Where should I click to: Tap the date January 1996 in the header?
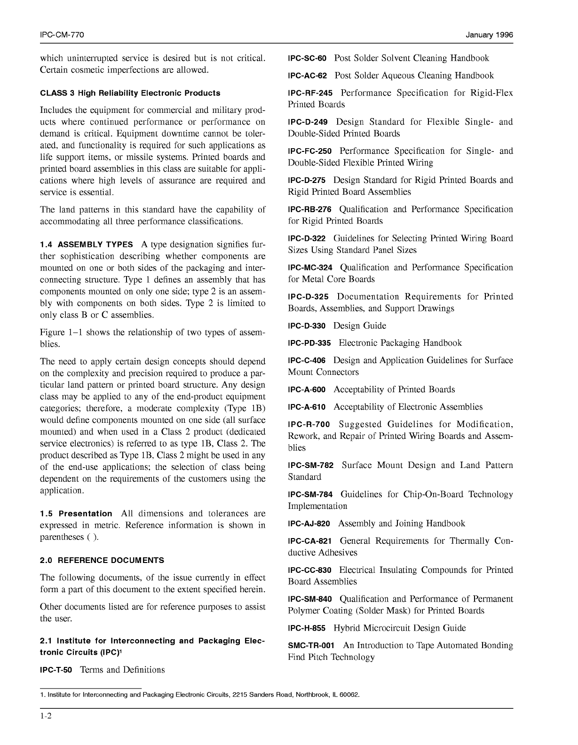[x=489, y=35]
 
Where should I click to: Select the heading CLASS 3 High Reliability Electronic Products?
[x=130, y=93]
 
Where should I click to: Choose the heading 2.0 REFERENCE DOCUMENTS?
[x=102, y=560]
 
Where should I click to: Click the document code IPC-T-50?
[x=56, y=670]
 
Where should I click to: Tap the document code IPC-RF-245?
[x=310, y=94]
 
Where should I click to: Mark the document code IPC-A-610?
[x=306, y=407]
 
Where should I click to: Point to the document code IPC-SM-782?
[x=310, y=466]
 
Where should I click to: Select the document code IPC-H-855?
[x=306, y=628]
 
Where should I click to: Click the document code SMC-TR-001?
[x=311, y=646]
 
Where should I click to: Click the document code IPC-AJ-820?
[x=309, y=524]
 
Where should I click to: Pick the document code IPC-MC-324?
[x=310, y=268]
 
